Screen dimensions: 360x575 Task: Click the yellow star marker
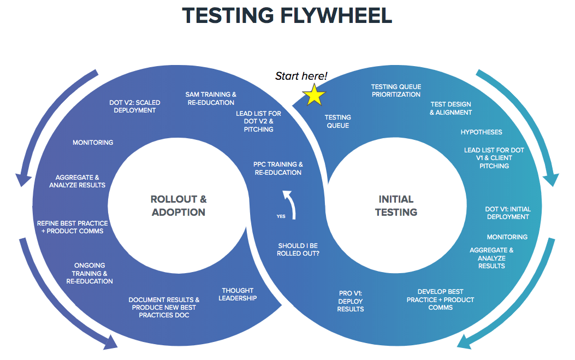315,95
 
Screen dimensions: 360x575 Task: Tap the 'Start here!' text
301,76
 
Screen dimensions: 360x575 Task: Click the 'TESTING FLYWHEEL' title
287,15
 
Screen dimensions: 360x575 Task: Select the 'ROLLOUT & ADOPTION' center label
179,205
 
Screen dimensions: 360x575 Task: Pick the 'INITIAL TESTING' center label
396,205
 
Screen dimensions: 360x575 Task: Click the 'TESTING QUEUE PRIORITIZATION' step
396,91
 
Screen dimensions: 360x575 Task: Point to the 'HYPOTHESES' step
481,132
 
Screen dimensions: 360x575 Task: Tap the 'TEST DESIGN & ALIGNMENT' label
450,108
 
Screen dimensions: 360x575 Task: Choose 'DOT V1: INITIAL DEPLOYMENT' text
507,213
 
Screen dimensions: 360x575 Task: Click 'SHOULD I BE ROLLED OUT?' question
298,250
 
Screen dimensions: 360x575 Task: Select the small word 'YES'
281,216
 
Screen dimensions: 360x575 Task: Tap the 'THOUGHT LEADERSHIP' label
238,294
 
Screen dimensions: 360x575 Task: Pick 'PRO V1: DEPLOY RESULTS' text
351,302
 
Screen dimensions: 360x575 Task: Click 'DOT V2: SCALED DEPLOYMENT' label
135,106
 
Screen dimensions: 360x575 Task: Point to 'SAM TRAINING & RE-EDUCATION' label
211,98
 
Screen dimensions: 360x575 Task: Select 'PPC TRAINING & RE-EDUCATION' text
278,168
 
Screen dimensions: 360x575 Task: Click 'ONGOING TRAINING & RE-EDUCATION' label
90,274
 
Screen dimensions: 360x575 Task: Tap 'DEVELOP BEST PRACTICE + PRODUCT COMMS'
440,299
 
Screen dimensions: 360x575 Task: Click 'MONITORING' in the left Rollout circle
93,143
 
